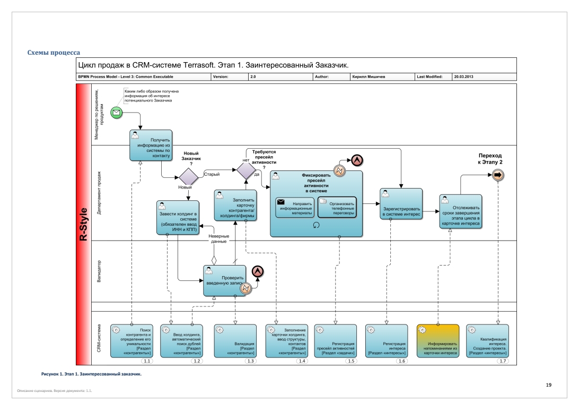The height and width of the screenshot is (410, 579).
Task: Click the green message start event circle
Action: (116, 113)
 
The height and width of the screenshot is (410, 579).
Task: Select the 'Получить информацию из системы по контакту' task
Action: (151, 146)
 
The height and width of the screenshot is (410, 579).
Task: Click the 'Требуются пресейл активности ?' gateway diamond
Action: (246, 170)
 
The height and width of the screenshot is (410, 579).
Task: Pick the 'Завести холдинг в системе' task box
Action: (178, 218)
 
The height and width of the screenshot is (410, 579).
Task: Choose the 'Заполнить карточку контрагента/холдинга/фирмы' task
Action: (235, 206)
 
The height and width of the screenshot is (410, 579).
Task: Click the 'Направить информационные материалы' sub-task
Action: (295, 208)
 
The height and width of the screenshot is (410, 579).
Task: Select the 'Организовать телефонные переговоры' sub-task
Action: (337, 208)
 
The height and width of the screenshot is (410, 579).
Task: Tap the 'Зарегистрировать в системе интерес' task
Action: (401, 204)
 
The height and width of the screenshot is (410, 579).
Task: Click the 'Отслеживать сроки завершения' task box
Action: (460, 211)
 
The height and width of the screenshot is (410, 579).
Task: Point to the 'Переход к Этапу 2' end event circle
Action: (497, 175)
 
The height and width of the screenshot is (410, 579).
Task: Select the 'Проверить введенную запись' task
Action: (224, 280)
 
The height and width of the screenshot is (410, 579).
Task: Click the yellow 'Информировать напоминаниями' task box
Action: (438, 341)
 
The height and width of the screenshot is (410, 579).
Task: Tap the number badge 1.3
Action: (250, 361)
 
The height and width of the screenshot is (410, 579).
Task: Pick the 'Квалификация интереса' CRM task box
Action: (487, 341)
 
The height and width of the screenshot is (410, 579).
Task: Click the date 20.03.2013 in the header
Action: (463, 77)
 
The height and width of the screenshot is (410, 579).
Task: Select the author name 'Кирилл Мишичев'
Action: (369, 77)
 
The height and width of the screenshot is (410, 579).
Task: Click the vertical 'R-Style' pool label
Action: (83, 225)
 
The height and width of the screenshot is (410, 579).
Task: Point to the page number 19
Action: (549, 385)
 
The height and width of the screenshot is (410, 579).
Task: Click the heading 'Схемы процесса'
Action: (54, 53)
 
